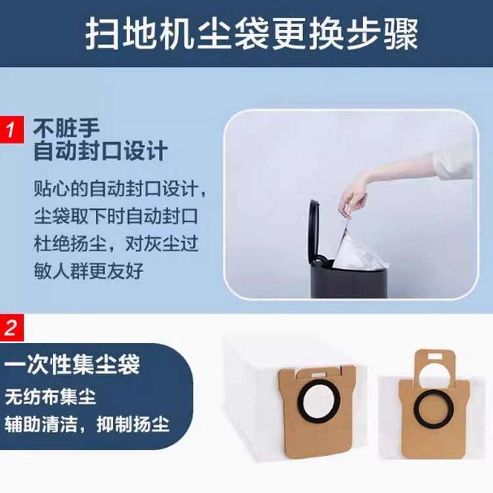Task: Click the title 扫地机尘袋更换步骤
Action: (251, 34)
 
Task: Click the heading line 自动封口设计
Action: (101, 151)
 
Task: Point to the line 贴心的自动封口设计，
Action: (120, 190)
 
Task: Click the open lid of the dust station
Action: (315, 230)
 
